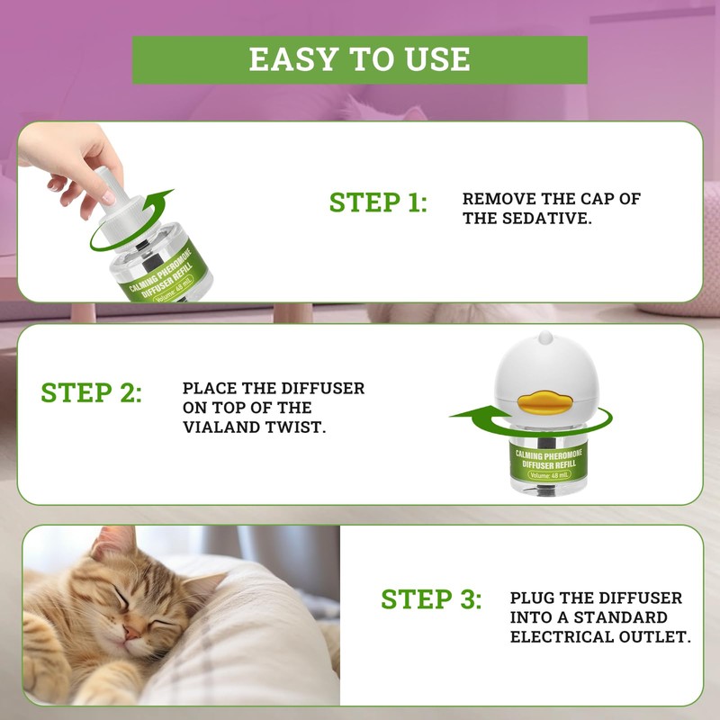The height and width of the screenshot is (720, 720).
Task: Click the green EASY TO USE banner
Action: pos(360,59)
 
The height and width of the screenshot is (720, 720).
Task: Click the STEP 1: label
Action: pos(378,202)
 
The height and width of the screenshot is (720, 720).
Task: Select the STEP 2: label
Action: pos(91,393)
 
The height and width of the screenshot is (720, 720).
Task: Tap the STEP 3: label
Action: pos(431,598)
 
